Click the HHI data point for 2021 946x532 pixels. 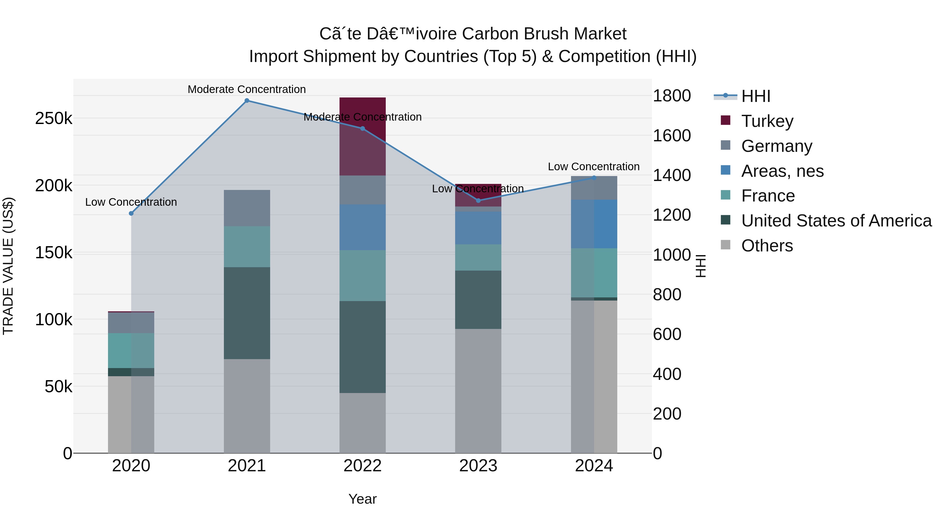pyautogui.click(x=247, y=101)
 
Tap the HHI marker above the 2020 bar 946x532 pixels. pyautogui.click(x=131, y=213)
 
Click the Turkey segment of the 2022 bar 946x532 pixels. pyautogui.click(x=362, y=154)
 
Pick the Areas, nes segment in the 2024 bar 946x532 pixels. pyautogui.click(x=594, y=224)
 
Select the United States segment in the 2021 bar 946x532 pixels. pyautogui.click(x=247, y=313)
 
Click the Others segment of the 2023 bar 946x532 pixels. pyautogui.click(x=478, y=391)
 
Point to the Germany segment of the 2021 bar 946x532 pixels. pyautogui.click(x=247, y=208)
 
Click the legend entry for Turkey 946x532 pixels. pyautogui.click(x=767, y=121)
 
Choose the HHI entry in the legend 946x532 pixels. pyautogui.click(x=755, y=96)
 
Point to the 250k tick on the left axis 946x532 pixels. pyautogui.click(x=54, y=118)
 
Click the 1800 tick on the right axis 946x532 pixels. pyautogui.click(x=672, y=96)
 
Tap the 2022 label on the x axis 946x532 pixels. pyautogui.click(x=362, y=466)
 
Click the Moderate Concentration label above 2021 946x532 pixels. pyautogui.click(x=247, y=89)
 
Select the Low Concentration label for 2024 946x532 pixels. pyautogui.click(x=593, y=167)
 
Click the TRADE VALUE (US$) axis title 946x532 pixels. pyautogui.click(x=8, y=266)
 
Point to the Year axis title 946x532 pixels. pyautogui.click(x=362, y=499)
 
